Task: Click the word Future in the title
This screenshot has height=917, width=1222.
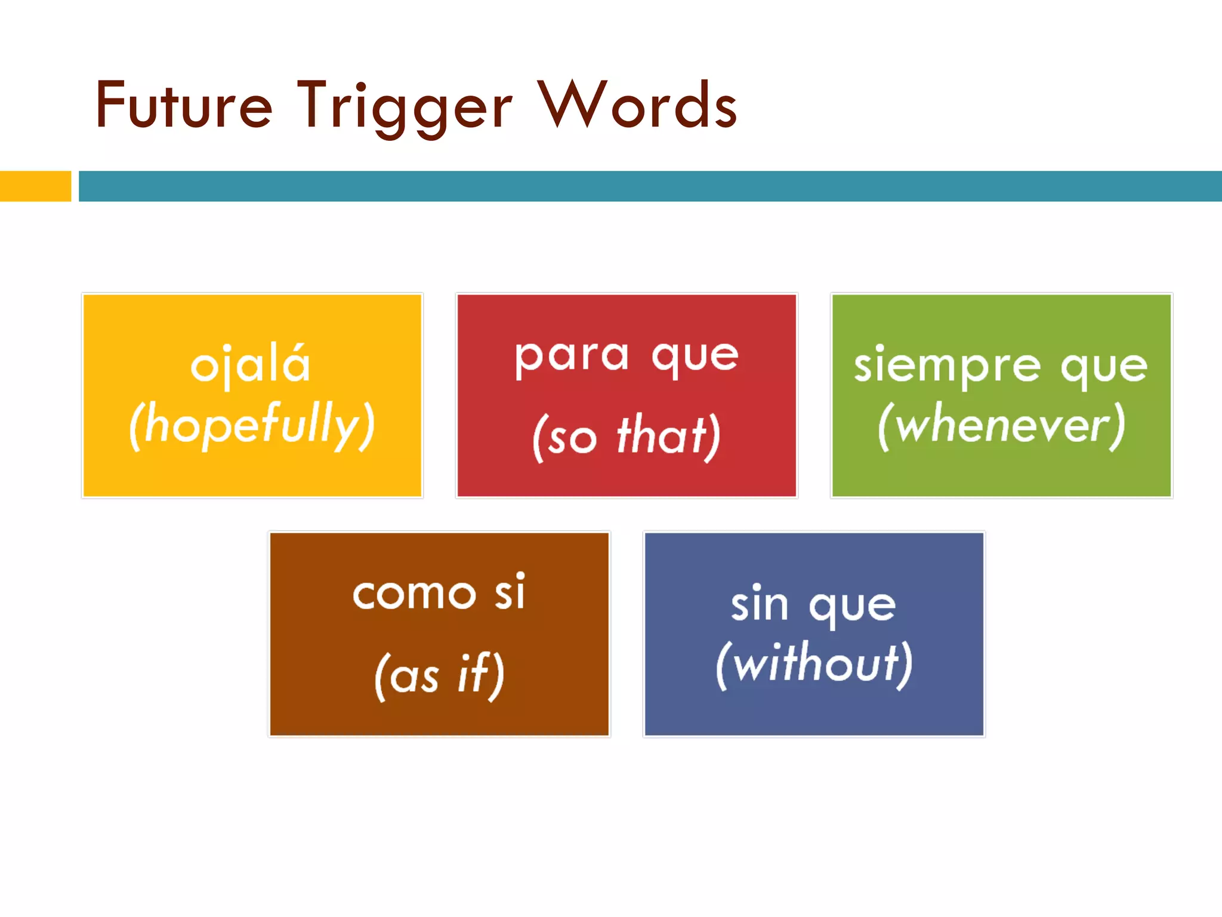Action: coord(183,106)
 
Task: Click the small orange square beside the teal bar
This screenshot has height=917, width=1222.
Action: coord(35,186)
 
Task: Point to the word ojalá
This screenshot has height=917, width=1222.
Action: coord(251,364)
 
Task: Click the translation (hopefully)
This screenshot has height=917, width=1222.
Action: coord(252,426)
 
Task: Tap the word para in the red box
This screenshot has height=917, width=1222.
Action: coord(571,356)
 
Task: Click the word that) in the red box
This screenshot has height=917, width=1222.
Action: coord(669,436)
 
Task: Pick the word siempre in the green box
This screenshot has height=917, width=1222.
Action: coord(947,367)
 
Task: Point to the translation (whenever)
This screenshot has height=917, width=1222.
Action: coord(1002,426)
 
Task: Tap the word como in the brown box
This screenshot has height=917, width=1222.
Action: coord(414,595)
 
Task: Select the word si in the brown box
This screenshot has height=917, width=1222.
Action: coord(510,592)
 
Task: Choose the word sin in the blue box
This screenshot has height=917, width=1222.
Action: coord(760,604)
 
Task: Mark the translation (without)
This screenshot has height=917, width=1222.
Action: coord(814,664)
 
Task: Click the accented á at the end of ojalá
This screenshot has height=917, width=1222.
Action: coord(297,364)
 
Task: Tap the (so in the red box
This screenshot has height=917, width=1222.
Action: coord(564,438)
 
